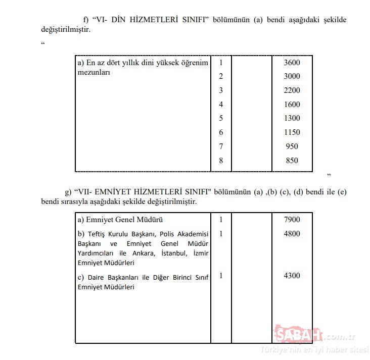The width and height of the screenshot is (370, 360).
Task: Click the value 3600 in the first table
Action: tap(292, 63)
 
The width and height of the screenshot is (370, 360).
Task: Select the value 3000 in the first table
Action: tap(292, 76)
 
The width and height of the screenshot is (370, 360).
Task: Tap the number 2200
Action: tap(292, 90)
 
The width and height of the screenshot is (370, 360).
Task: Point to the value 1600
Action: tap(292, 105)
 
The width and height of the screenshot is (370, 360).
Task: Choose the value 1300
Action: tap(292, 118)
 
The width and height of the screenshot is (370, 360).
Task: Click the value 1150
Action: tap(292, 132)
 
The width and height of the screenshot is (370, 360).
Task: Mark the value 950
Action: tap(292, 146)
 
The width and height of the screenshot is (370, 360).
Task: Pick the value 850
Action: tap(292, 161)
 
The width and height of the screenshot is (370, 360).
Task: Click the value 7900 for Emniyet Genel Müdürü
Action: tap(292, 220)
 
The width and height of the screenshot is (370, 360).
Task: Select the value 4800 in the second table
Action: tap(292, 234)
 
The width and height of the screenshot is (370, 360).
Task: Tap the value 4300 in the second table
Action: tap(292, 276)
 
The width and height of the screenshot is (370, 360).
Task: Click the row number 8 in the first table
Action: tap(221, 161)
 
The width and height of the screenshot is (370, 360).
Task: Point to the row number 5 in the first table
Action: tap(221, 118)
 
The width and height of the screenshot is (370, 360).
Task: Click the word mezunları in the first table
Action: tap(94, 72)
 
